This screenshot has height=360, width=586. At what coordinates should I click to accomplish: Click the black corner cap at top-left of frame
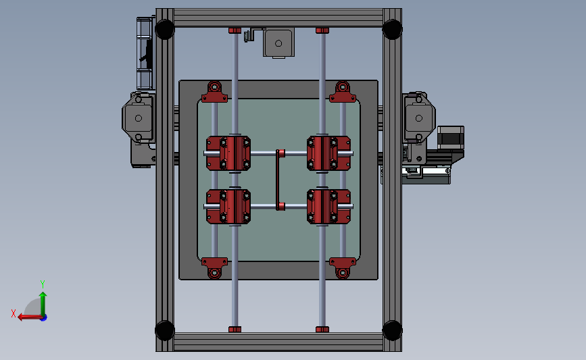[164, 29]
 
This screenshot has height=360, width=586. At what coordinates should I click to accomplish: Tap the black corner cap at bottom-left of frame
[164, 330]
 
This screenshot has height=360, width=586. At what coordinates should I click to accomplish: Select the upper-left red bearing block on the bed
[228, 153]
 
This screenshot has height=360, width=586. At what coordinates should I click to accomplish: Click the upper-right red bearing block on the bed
[329, 153]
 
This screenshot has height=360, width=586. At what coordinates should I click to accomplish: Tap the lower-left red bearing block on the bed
[228, 206]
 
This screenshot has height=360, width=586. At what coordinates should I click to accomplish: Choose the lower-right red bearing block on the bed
[329, 206]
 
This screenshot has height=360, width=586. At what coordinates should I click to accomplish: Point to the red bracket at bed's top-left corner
[214, 93]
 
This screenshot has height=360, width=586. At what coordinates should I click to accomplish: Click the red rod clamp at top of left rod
[235, 30]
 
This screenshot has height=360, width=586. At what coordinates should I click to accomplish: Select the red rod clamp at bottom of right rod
[322, 329]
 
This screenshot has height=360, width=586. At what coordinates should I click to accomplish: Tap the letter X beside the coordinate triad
[13, 313]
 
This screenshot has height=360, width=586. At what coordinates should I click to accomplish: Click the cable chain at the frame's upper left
[144, 54]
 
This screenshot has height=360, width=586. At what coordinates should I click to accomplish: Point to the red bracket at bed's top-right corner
[343, 93]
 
